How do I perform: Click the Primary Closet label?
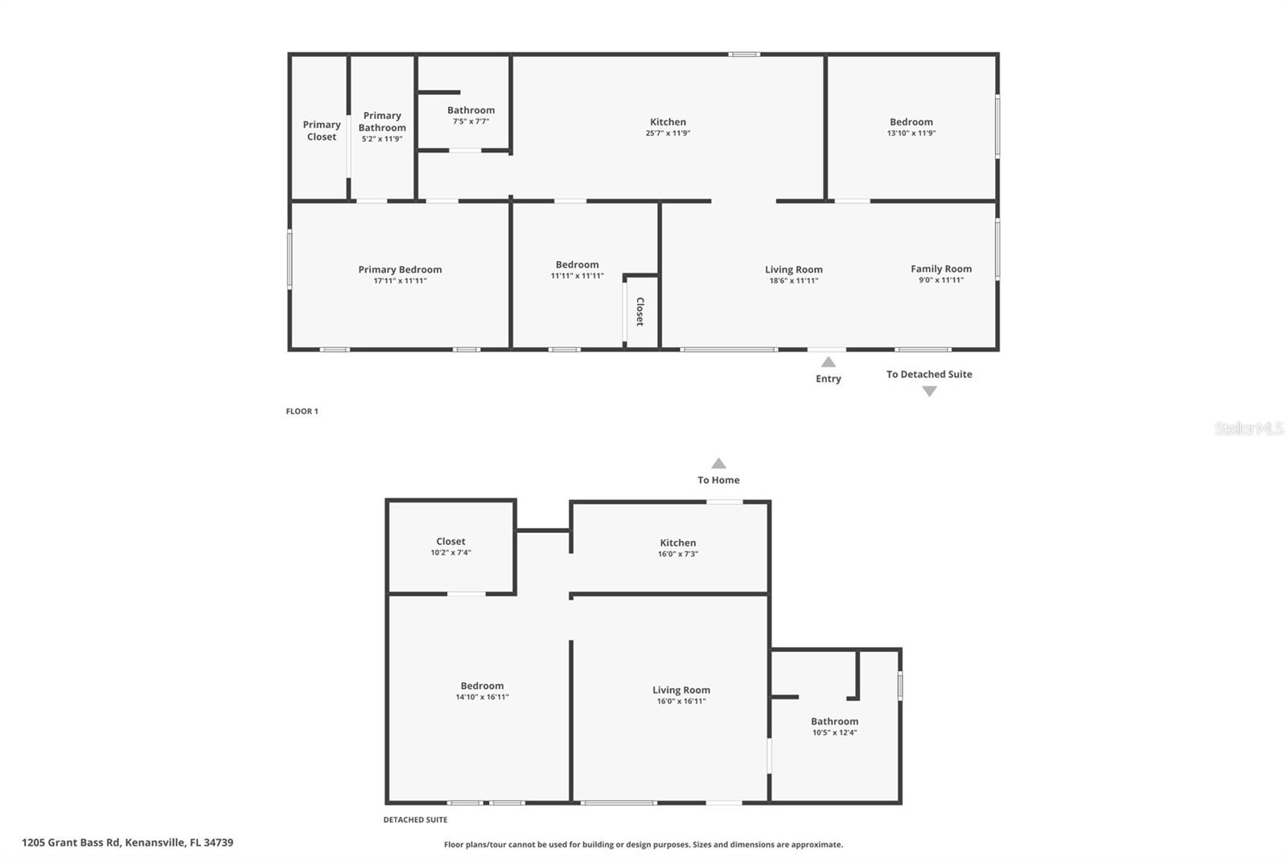(x=322, y=130)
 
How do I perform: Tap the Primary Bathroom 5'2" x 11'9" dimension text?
(x=382, y=139)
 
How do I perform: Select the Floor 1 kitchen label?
(x=668, y=122)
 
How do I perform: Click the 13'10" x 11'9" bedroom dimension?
(x=911, y=133)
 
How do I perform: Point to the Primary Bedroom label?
(x=400, y=269)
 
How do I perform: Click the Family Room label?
(x=941, y=269)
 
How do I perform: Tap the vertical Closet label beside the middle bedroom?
(x=640, y=311)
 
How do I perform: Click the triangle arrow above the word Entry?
(x=829, y=363)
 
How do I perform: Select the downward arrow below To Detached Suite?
(x=929, y=392)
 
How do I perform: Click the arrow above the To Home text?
(x=718, y=464)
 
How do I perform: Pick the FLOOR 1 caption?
(x=302, y=412)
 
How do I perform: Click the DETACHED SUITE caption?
(x=415, y=820)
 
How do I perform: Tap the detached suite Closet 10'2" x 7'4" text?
(x=450, y=553)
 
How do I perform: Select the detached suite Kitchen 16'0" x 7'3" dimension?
(x=678, y=554)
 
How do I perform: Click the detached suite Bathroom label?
(x=834, y=721)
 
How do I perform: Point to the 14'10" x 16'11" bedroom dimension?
(x=482, y=697)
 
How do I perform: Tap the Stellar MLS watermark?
(x=1248, y=428)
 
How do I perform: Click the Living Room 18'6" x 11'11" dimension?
(x=793, y=281)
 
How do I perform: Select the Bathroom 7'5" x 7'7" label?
(x=471, y=110)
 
